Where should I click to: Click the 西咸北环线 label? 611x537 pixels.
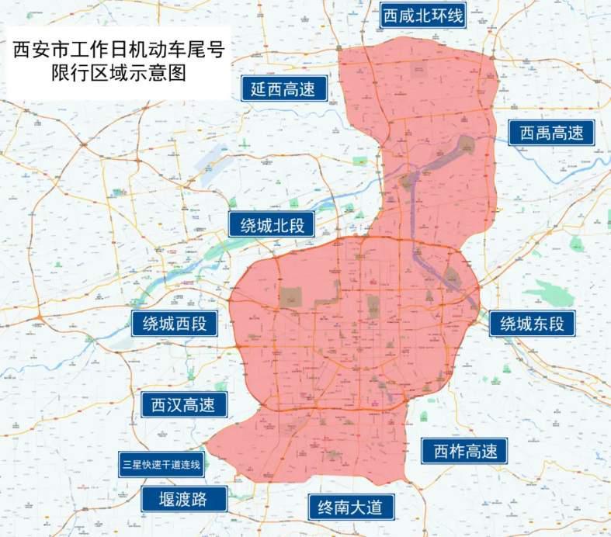(422, 16)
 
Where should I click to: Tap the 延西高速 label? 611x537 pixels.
(283, 88)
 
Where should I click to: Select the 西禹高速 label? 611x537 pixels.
(551, 133)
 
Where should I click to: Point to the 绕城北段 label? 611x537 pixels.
(271, 225)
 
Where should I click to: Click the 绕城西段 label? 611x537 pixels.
(175, 324)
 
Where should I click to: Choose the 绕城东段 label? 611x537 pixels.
(532, 324)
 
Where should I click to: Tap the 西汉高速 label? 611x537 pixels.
(183, 404)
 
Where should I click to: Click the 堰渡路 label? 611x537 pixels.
(183, 498)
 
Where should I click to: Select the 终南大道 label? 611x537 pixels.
(350, 508)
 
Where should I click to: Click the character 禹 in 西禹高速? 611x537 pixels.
(540, 133)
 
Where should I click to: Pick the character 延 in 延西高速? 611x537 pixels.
(259, 88)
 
